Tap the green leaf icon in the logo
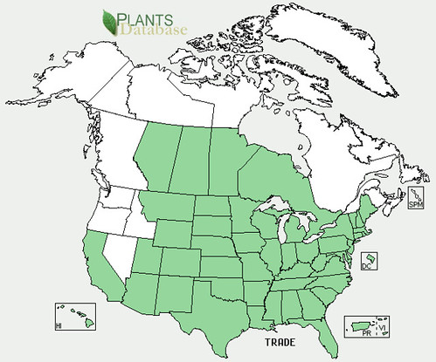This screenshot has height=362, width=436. tap(111, 21)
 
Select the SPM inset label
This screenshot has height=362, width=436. tap(416, 204)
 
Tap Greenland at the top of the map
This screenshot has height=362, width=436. tap(349, 44)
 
